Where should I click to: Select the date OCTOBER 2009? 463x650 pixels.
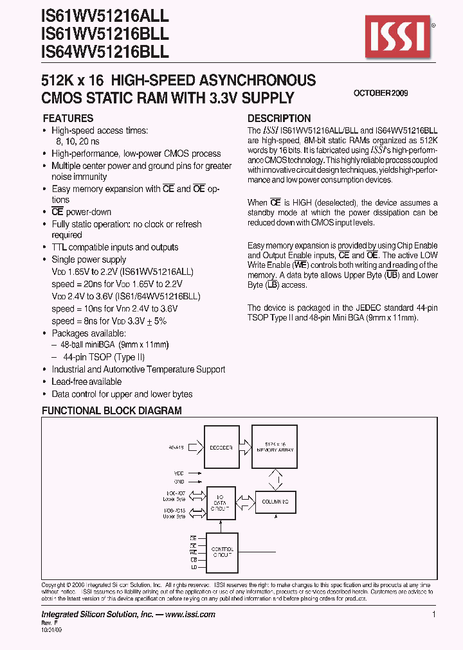coord(381,93)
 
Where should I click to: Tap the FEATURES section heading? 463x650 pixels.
coord(68,118)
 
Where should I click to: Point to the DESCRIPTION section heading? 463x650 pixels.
coord(279,118)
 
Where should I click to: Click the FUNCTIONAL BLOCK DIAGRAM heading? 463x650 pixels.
coord(112,410)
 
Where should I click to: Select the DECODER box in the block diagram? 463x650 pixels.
coord(221,448)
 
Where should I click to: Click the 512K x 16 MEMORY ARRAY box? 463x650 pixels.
coord(278,448)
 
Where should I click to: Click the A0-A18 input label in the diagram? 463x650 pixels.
coord(176,447)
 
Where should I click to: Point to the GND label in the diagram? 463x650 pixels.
coord(179,481)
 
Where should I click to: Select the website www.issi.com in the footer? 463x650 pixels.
coord(190,615)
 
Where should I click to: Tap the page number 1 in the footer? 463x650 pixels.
coord(434,615)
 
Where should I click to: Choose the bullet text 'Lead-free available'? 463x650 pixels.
coord(86,382)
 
